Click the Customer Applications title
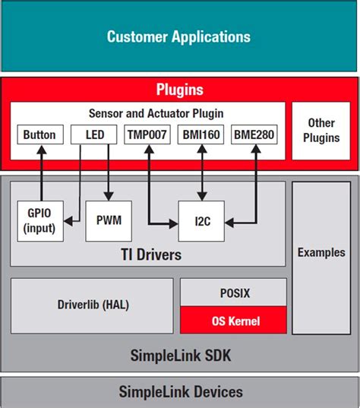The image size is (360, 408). point(178,36)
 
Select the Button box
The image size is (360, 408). point(39,135)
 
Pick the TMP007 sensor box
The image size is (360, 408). point(146,135)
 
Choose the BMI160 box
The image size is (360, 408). point(201,135)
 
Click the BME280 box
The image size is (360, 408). point(254,135)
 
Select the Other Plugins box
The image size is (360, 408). point(321,131)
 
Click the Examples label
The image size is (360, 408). point(321,252)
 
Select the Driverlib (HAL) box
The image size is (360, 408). point(93,305)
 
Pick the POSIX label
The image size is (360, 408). point(233,292)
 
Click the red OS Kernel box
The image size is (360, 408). point(233,321)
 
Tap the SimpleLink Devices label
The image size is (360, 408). point(180,392)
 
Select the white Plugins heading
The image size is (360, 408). point(179,90)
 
